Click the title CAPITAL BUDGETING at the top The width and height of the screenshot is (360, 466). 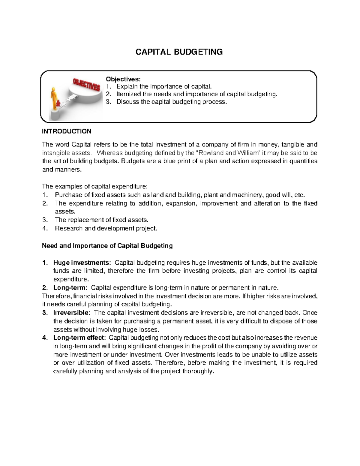179,52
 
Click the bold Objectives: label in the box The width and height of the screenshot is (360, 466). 123,79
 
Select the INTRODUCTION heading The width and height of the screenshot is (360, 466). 67,131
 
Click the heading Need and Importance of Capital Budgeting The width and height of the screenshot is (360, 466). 107,246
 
